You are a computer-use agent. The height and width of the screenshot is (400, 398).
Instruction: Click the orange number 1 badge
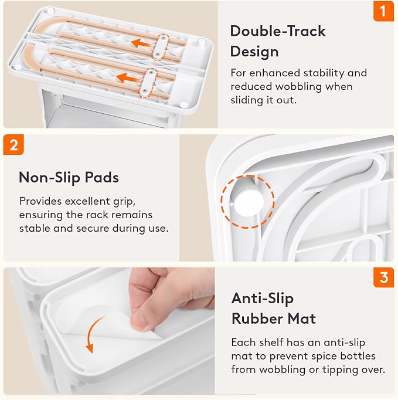pyautogui.click(x=383, y=12)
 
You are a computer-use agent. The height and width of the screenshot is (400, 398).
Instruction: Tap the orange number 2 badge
pyautogui.click(x=13, y=145)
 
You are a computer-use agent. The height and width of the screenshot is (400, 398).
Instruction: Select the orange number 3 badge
pyautogui.click(x=384, y=277)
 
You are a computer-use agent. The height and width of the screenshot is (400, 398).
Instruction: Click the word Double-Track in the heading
pyautogui.click(x=278, y=31)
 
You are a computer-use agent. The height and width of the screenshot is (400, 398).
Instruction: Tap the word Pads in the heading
pyautogui.click(x=102, y=177)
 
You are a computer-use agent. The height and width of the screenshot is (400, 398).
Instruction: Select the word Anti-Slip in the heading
pyautogui.click(x=263, y=299)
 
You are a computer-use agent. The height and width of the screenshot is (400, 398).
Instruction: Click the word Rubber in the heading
pyautogui.click(x=257, y=318)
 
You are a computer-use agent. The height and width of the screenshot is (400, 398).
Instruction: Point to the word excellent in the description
pyautogui.click(x=87, y=201)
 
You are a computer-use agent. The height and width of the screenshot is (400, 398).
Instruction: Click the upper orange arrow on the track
pyautogui.click(x=142, y=43)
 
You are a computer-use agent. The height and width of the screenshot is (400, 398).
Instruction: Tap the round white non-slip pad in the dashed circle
pyautogui.click(x=249, y=201)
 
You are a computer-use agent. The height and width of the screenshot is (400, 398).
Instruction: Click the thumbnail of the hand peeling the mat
pyautogui.click(x=109, y=331)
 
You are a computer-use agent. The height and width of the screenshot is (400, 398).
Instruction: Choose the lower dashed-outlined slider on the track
pyautogui.click(x=148, y=83)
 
